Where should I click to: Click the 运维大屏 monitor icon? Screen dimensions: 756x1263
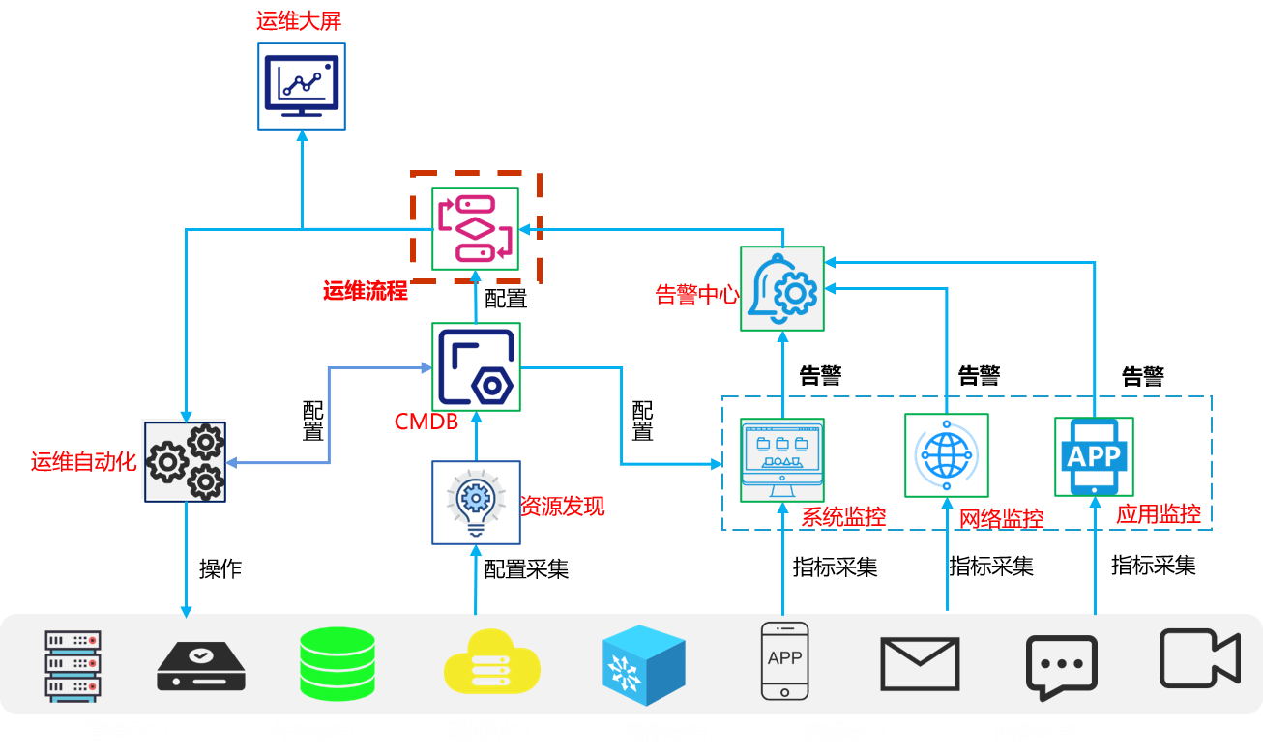click(x=302, y=86)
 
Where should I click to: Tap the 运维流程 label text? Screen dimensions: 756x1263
click(x=366, y=290)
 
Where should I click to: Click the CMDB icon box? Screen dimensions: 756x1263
click(x=476, y=366)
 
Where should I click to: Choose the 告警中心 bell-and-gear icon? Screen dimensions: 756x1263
click(x=782, y=287)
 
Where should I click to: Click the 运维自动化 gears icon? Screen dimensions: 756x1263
click(x=185, y=461)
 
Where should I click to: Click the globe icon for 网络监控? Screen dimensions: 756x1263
click(x=946, y=455)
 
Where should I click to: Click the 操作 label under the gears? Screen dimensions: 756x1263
click(x=220, y=568)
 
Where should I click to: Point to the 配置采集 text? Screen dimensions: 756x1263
click(x=526, y=568)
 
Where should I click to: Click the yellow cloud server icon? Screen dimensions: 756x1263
click(x=490, y=660)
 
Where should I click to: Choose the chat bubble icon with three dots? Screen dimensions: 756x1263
click(x=1061, y=667)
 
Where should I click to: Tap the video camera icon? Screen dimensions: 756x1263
click(x=1199, y=658)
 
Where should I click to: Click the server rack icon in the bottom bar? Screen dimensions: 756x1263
click(x=73, y=665)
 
